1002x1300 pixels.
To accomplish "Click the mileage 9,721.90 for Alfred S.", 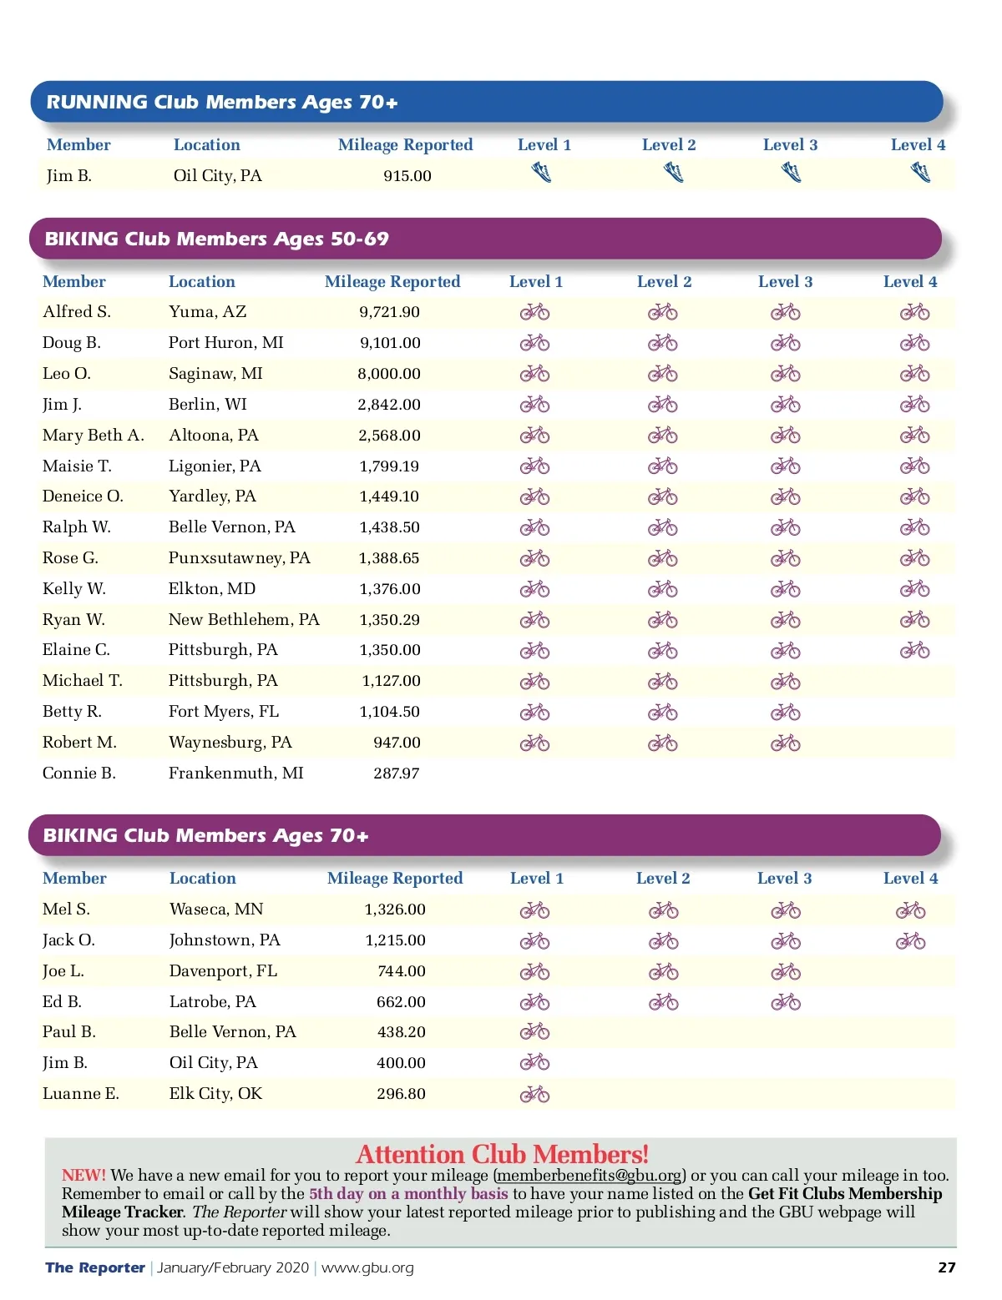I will click(389, 312).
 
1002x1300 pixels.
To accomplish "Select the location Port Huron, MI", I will click(225, 343).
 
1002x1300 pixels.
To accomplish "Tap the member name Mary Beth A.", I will click(93, 436).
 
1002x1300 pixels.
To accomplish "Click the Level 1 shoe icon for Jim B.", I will click(541, 174).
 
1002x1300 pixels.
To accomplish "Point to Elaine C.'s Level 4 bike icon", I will click(914, 650).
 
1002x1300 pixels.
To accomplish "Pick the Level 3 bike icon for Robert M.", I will click(785, 743).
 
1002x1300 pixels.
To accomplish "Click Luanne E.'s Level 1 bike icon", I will click(534, 1094).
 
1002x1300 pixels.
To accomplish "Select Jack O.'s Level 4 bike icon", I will click(910, 941).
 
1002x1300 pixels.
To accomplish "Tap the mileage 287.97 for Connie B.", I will click(396, 773).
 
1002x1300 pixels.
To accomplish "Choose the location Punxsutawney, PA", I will click(239, 558).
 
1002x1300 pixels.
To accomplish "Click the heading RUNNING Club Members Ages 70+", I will click(221, 103).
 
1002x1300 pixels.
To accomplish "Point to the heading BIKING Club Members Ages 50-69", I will click(216, 239).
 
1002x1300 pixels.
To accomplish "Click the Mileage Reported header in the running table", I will click(405, 145).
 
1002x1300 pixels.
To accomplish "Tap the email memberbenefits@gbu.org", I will click(589, 1176).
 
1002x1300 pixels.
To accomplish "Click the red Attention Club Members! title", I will click(502, 1155).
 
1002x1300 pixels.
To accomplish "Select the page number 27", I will click(946, 1267).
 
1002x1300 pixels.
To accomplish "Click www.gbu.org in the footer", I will click(367, 1268).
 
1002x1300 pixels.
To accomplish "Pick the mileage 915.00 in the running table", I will click(407, 176).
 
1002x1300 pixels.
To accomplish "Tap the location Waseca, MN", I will click(215, 909).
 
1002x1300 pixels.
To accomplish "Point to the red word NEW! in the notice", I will click(83, 1176).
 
